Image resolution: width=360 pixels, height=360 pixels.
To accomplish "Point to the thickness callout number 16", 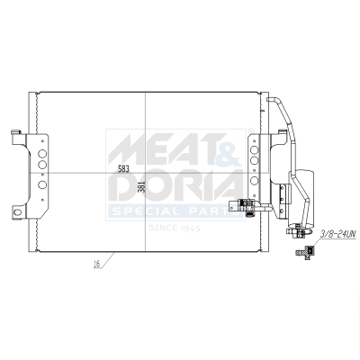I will click(94, 265).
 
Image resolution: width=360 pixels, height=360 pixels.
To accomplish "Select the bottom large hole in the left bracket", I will click(41, 186).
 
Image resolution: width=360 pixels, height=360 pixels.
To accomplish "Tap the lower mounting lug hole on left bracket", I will click(15, 211).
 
